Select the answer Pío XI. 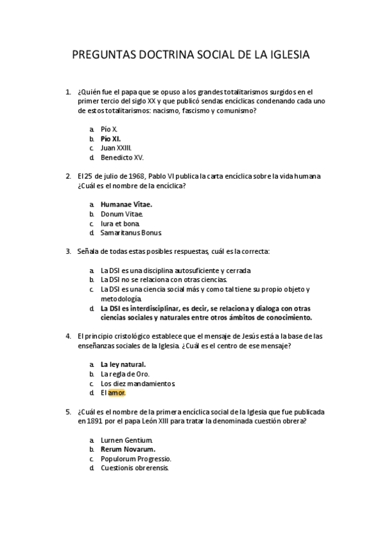pos(111,138)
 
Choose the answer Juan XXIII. pos(116,147)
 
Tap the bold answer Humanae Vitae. pos(127,205)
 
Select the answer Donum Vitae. pos(122,214)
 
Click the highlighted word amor pos(117,393)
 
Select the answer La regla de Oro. pos(125,374)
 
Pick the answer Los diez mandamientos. pos(137,383)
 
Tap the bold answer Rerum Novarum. pos(128,449)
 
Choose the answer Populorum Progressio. pos(136,459)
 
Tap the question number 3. pos(68,251)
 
